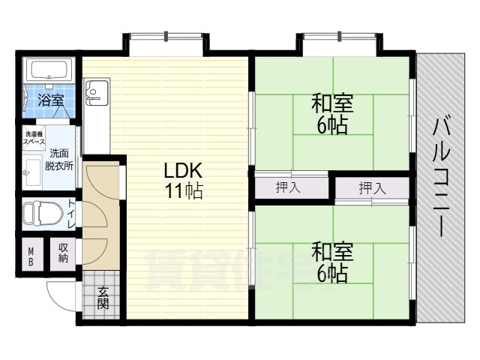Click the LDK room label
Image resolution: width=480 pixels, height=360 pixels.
pos(183,170)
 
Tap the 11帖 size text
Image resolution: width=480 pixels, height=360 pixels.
pos(184,191)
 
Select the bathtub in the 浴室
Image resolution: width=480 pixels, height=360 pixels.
pos(49,70)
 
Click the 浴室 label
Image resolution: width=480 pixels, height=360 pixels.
pos(51,100)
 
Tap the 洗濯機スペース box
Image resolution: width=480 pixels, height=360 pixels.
pos(35,138)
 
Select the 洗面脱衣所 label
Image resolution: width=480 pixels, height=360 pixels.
pos(59,160)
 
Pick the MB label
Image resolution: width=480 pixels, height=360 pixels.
pos(31,256)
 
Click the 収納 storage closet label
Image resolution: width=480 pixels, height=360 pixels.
pos(63,253)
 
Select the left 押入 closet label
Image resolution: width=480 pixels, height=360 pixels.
pos(288,187)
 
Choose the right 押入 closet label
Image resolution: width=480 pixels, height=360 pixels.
pos(372,187)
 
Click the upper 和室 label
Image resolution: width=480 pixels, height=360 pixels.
pos(332,103)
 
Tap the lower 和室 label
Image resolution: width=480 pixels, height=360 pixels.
pos(332,251)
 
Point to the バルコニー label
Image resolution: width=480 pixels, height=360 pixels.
pos(441,178)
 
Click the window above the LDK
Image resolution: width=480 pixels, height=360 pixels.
pos(166,36)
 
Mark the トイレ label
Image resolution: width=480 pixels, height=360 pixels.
pos(72,213)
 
